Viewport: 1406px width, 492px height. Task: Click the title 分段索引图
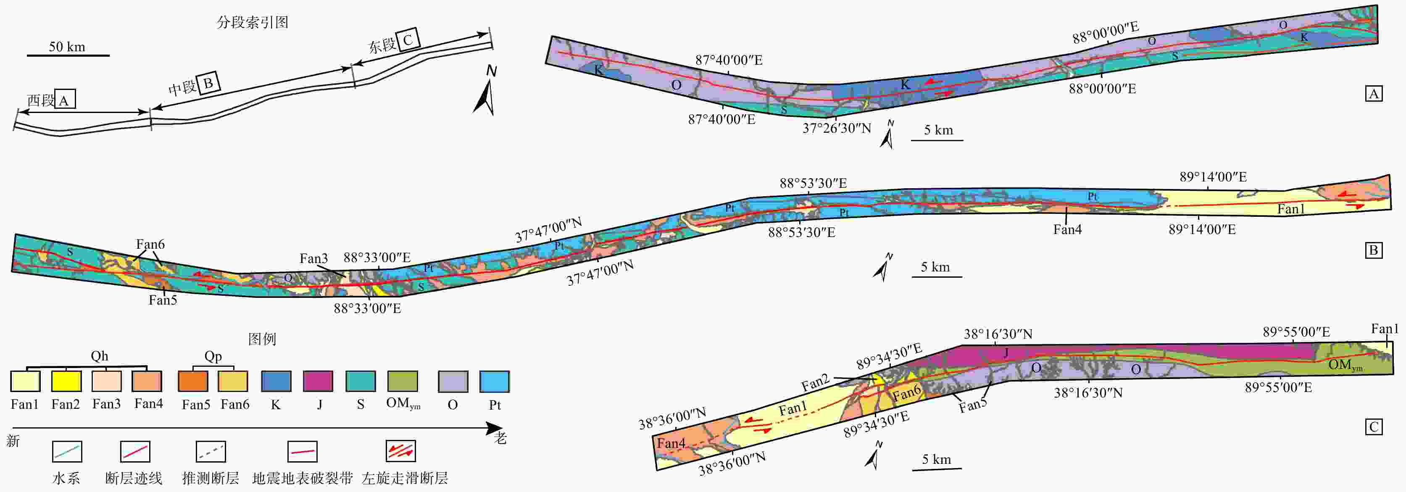252,22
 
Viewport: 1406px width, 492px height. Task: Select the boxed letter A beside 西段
64,99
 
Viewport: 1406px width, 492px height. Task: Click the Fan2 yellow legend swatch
66,381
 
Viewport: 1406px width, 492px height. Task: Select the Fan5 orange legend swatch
193,381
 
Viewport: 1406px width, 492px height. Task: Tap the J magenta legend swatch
318,381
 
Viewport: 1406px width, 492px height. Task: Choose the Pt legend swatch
495,381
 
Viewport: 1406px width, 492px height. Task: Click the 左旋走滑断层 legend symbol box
400,451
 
